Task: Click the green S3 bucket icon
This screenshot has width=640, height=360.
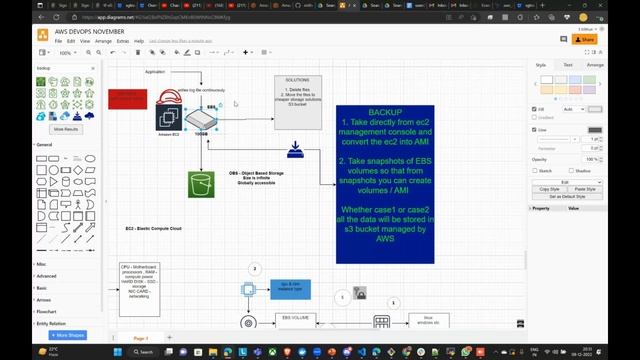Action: coord(201,184)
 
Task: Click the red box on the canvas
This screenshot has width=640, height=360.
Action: coord(127,98)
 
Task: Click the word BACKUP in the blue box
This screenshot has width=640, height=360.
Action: coord(385,114)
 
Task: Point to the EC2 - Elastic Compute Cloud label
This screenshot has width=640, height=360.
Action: coord(153,229)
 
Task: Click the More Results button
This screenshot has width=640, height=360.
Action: coord(66,129)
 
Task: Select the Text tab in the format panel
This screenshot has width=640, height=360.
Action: coord(568,64)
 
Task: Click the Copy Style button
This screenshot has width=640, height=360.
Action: coord(549,188)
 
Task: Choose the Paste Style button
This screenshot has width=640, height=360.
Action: coord(586,188)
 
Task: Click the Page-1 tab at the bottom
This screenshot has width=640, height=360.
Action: coord(141,338)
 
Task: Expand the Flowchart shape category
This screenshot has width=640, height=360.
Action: coord(48,311)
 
